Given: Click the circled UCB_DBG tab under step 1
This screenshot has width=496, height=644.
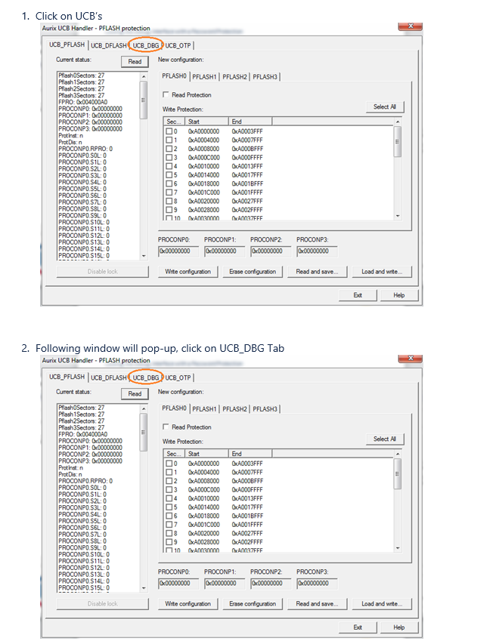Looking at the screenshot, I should (x=145, y=45).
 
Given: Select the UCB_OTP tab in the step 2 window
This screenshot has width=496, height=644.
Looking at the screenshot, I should (x=178, y=377).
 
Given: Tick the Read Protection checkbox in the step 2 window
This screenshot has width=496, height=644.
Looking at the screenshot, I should (x=166, y=427).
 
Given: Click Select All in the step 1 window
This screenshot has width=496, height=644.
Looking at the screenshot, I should (x=384, y=106).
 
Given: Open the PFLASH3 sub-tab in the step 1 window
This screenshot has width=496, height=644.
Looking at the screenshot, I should (x=265, y=77).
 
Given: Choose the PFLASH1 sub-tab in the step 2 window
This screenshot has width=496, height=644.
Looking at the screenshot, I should (x=205, y=409).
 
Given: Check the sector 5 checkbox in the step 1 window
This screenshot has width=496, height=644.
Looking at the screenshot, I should (x=171, y=175).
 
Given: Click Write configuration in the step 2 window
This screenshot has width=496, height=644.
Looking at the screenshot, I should (x=188, y=604).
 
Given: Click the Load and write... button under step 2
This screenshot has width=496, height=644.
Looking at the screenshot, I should (x=381, y=604).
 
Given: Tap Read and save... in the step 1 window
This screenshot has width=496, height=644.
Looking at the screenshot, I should (x=317, y=272).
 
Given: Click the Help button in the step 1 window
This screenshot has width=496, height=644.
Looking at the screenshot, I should (x=398, y=295).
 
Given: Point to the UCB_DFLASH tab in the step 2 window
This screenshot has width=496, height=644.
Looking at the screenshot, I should (x=109, y=377).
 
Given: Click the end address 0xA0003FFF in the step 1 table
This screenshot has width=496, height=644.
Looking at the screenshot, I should (x=247, y=131).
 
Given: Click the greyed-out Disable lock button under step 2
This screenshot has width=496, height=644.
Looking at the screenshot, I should (x=102, y=604).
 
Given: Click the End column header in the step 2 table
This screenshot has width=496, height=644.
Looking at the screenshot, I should (x=237, y=454).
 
